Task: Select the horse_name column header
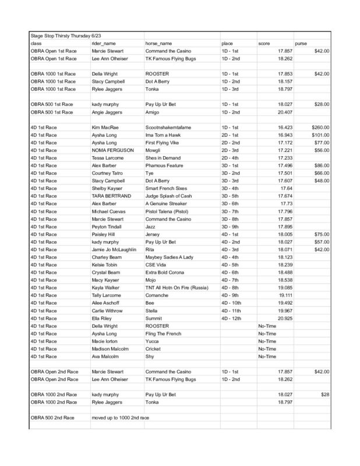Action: click(x=158, y=44)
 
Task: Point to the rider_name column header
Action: click(x=105, y=44)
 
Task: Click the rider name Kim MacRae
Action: click(x=105, y=127)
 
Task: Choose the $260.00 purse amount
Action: click(x=320, y=127)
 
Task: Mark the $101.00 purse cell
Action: click(x=320, y=135)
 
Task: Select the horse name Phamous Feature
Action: click(x=165, y=165)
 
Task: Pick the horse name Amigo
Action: click(x=153, y=112)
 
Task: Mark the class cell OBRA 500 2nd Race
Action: click(x=54, y=418)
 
